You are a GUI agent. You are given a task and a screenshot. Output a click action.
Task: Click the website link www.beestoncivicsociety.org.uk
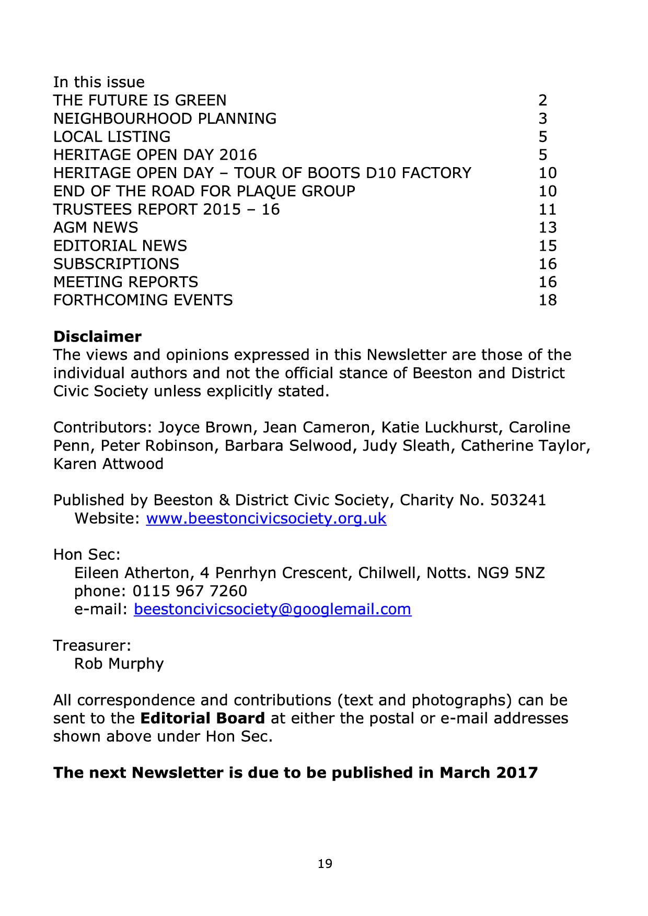(266, 519)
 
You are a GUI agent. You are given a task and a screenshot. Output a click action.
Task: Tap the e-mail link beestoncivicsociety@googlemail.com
(272, 609)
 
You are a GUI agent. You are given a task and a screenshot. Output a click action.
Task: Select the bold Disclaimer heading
(97, 336)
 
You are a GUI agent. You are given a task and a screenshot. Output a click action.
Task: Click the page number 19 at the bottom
(325, 864)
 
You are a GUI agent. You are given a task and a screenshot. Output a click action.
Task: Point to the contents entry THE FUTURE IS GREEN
(140, 100)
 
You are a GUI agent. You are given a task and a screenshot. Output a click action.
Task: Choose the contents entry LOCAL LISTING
(112, 137)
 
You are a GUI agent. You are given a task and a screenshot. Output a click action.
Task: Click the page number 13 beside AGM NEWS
(548, 228)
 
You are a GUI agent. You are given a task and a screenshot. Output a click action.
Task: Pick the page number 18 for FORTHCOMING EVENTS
(548, 300)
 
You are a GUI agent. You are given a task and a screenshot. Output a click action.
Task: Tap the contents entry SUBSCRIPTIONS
(116, 264)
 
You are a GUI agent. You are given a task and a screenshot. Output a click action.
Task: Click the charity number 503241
(518, 500)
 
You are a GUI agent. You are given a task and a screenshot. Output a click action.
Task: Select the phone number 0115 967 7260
(190, 591)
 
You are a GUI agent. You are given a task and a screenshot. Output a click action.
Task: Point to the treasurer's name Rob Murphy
(119, 664)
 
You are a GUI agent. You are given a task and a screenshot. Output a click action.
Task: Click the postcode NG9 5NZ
(511, 573)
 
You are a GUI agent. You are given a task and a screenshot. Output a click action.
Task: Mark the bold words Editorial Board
(203, 719)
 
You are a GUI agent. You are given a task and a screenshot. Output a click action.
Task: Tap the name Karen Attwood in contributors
(108, 464)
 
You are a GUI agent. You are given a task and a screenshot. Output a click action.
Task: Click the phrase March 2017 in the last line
(488, 773)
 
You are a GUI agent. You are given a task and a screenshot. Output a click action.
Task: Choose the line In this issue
(99, 82)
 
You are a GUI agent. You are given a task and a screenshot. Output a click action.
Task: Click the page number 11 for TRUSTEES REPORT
(548, 209)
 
